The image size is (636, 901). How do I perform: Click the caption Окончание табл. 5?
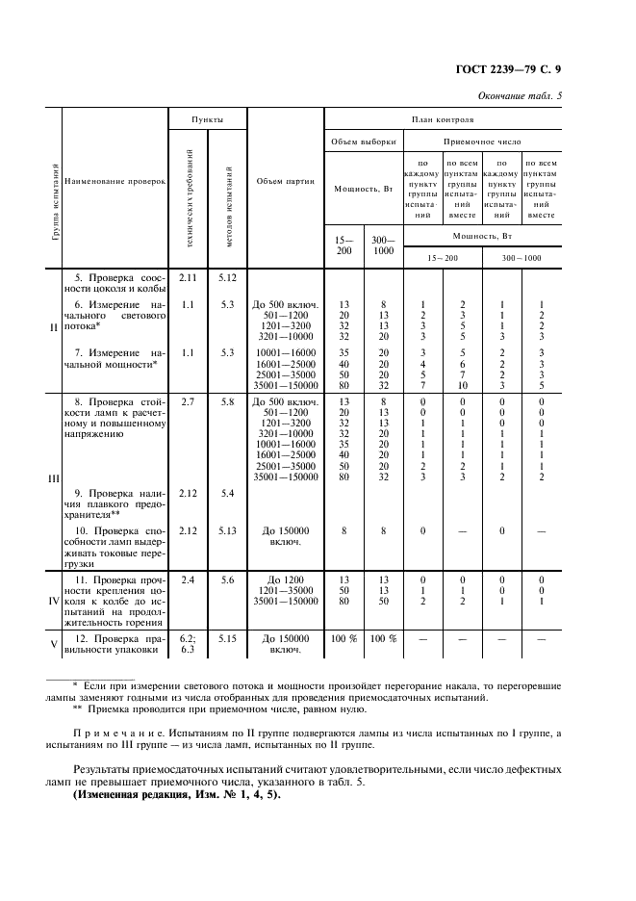521,95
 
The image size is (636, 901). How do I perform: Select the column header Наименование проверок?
115,181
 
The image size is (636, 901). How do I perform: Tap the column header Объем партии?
286,181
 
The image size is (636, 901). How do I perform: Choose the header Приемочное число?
482,141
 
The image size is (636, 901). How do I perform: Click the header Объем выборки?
364,141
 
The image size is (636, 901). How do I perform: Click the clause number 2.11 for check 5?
188,278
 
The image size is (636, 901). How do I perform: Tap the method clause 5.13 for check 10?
227,530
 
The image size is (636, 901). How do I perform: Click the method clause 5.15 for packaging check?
227,638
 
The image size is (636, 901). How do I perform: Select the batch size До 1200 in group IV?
287,580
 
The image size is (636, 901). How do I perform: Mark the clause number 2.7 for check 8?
188,400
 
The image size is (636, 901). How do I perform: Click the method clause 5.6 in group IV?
227,580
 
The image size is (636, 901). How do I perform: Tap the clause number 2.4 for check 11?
188,580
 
